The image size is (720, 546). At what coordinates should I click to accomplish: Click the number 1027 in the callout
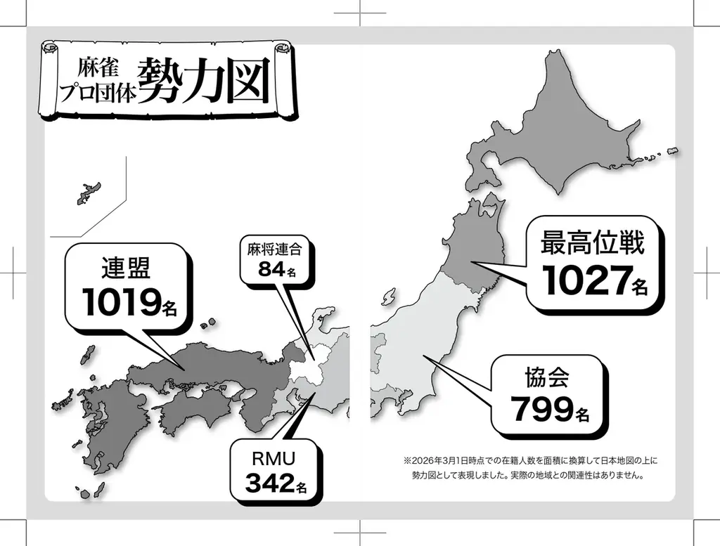click(x=585, y=281)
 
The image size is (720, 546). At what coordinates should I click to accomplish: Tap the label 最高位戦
click(x=592, y=243)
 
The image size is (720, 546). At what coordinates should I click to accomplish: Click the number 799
click(x=541, y=409)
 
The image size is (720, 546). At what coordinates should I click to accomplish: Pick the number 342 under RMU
click(x=267, y=483)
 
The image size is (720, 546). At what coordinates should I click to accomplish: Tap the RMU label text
click(x=273, y=459)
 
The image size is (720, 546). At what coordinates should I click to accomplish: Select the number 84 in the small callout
click(x=270, y=268)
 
